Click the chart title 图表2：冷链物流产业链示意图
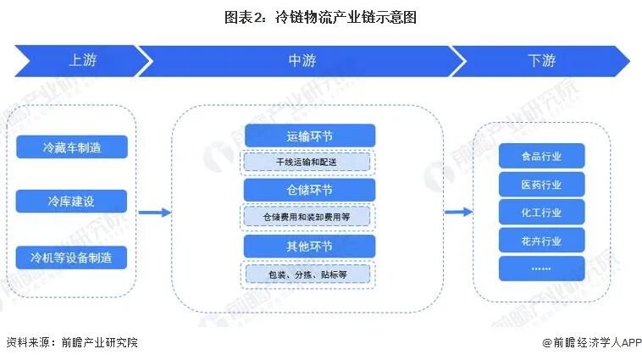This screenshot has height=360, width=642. pos(321,16)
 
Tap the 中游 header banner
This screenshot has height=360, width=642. pos(302,61)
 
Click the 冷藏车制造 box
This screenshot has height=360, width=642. pos(72,147)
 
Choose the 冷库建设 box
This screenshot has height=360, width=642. pos(72,202)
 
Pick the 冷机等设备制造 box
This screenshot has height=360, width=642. pos(72,257)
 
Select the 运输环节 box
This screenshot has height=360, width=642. pos(309,135)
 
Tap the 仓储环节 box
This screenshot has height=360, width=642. pos(309,190)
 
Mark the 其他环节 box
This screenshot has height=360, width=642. pos(309,246)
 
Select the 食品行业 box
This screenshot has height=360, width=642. pos(542,156)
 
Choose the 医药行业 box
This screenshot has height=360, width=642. pos(542,184)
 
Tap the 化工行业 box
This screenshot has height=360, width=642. pos(542,212)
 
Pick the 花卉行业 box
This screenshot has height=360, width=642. pos(542,241)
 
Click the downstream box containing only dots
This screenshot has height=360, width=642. pos(542,269)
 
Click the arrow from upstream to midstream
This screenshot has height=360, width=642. pos(154,212)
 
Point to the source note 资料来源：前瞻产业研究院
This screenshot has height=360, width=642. pos(72,342)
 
